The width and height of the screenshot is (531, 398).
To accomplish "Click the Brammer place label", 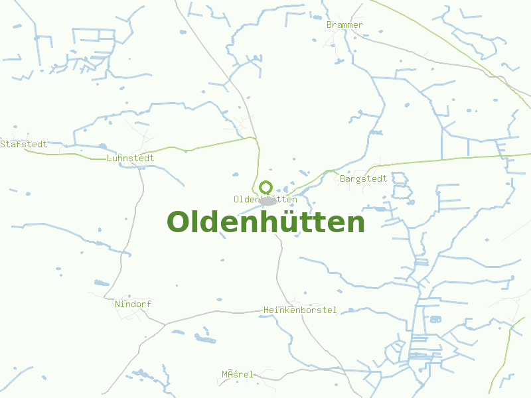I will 344,25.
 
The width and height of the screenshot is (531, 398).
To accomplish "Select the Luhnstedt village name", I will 130,158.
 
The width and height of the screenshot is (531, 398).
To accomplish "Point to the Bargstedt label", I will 363,178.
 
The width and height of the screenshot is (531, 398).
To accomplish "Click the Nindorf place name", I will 133,304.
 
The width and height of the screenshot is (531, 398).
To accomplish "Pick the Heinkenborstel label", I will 300,310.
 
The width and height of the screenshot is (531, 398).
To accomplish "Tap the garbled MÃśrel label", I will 238,374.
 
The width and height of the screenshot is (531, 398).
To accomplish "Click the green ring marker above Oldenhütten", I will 265,187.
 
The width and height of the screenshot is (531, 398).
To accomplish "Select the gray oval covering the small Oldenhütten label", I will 267,200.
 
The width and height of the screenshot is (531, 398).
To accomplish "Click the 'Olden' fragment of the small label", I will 246,199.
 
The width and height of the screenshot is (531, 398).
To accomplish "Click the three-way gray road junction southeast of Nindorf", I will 165,324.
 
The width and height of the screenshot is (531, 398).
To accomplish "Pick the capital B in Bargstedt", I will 342,178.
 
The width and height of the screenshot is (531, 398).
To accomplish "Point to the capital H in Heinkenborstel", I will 266,310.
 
